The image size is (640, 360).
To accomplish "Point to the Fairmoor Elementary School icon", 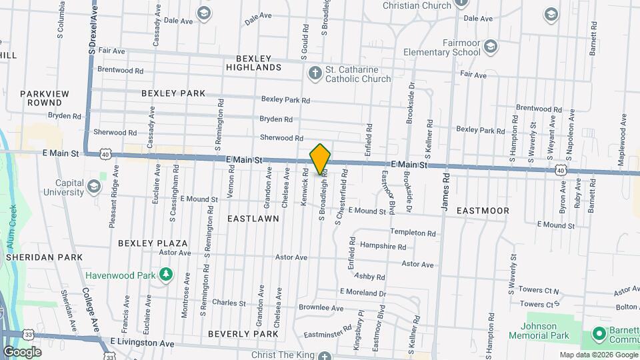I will coord(491,45).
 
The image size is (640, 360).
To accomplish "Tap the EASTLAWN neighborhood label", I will coord(253,218).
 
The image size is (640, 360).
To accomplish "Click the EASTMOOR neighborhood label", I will coord(483,211).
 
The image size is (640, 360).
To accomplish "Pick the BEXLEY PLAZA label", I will coord(153,243).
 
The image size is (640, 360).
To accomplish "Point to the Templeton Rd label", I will coord(413,233).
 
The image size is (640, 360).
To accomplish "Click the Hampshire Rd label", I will coord(383,246).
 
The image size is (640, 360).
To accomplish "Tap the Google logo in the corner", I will coord(22,351).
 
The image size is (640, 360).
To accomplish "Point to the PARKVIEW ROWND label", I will coord(45,98).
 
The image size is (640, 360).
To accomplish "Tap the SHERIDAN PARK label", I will coord(44,257).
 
